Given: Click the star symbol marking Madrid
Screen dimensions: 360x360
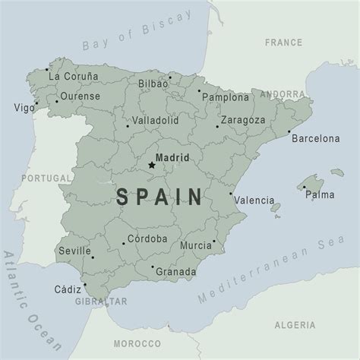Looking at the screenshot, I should [x=151, y=165].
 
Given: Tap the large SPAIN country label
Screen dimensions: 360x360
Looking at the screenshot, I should [x=160, y=197].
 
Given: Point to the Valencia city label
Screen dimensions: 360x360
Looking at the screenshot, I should [x=254, y=201].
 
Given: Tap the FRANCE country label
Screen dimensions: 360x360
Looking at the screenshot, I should [x=283, y=43].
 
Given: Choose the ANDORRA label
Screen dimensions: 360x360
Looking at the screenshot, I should [x=283, y=95].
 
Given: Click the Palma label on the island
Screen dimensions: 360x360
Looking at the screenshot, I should [x=320, y=194].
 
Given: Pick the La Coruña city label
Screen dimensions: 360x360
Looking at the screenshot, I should [x=74, y=76].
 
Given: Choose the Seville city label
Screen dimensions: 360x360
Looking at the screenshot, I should [x=74, y=251].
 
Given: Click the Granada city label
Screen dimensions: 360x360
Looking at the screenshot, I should [x=178, y=272].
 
